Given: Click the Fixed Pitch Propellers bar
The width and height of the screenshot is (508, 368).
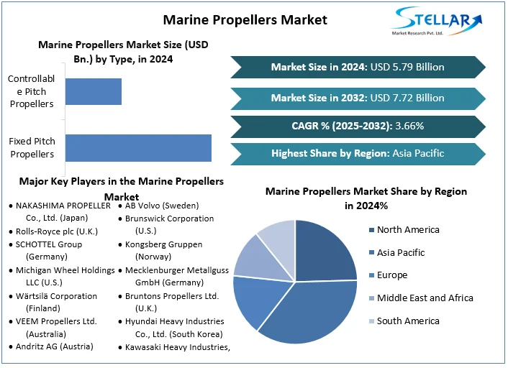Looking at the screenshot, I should tap(138, 147).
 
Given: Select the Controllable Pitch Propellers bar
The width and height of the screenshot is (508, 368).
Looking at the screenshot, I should tap(94, 92).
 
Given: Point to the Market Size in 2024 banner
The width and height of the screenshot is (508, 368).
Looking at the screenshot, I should tap(358, 67).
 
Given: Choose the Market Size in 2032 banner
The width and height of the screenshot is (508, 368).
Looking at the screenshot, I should tap(358, 97).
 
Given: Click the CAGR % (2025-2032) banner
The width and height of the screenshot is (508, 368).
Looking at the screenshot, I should tap(358, 126).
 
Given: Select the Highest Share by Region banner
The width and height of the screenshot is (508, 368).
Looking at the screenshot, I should tap(358, 154).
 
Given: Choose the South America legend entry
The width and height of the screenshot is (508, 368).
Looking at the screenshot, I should tap(409, 321).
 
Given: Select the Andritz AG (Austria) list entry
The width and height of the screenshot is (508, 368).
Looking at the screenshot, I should tap(56, 347).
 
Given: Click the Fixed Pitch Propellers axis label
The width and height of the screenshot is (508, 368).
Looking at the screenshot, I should tap(32, 147).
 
